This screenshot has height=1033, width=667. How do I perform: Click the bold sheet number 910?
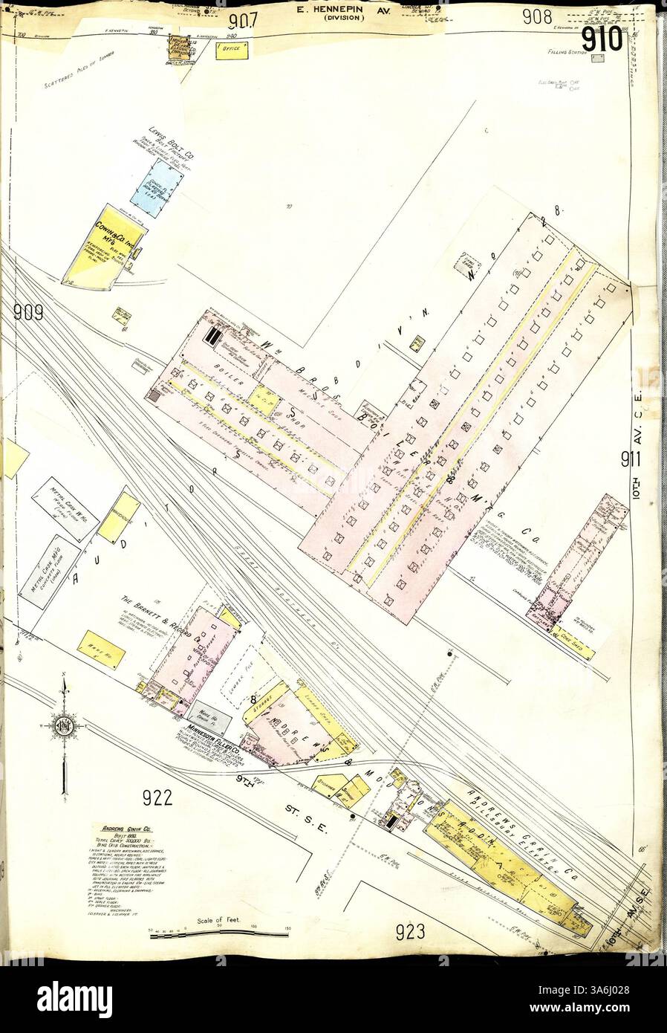click(601, 42)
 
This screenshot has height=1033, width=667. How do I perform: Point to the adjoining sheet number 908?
click(537, 17)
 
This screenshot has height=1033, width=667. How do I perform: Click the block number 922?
click(157, 798)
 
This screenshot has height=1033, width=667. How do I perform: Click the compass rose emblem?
click(65, 725)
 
